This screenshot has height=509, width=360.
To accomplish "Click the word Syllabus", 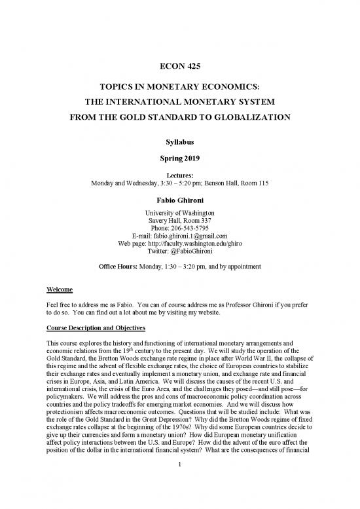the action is click(x=179, y=140).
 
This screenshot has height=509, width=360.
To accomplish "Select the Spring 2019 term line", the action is click(x=179, y=158).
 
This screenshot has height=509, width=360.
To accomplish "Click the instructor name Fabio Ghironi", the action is click(x=179, y=201).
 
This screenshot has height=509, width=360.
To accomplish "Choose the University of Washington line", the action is click(x=179, y=214).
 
